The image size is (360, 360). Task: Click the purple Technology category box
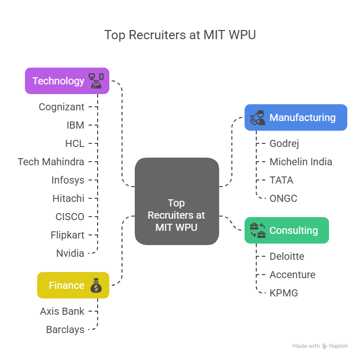tap(67, 81)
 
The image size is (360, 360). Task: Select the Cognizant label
tap(62, 107)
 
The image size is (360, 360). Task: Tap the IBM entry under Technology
tap(75, 125)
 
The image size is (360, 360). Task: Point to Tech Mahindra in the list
tap(51, 162)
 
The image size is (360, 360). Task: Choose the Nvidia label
tap(70, 253)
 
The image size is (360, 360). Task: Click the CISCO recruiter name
tap(70, 217)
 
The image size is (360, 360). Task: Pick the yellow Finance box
tap(73, 285)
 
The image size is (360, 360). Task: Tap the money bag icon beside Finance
tap(96, 286)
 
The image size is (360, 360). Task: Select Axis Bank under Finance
tap(62, 311)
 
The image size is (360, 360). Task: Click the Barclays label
tap(65, 329)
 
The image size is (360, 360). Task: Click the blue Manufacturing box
tap(295, 117)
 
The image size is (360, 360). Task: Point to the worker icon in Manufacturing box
tap(257, 117)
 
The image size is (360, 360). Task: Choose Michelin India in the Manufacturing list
tap(301, 162)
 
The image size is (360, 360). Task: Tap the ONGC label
tap(283, 198)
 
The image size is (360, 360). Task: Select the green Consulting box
tap(286, 230)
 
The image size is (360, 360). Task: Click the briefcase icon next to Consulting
tap(258, 230)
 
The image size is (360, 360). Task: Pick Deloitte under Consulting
tap(287, 256)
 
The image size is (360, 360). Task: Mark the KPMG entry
tap(284, 293)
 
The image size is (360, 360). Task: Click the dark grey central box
tap(176, 201)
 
